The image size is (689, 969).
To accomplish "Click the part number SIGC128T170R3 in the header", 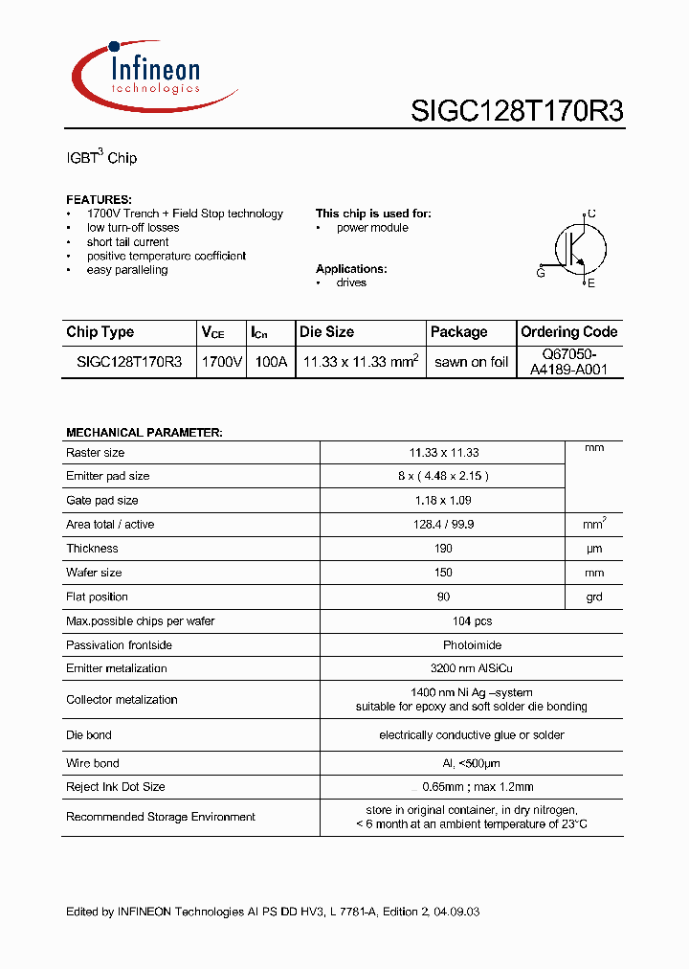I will [x=517, y=111].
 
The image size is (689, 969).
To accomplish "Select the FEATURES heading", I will [x=99, y=199].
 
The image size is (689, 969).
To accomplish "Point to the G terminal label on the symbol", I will [x=541, y=274].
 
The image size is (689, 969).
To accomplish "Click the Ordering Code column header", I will [x=569, y=332].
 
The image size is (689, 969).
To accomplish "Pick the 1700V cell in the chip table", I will [x=222, y=362].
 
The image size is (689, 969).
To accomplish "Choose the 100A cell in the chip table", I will [x=270, y=362].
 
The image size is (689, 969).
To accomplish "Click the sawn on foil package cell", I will [x=471, y=362].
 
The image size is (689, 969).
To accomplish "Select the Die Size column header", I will [x=326, y=332].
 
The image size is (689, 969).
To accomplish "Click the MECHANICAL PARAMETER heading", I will [x=144, y=433].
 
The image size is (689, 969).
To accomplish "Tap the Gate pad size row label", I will [x=102, y=501].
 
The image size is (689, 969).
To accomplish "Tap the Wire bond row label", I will [x=93, y=763].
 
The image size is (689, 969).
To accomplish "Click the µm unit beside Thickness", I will [x=593, y=549].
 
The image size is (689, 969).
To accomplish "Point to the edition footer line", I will [x=273, y=912].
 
